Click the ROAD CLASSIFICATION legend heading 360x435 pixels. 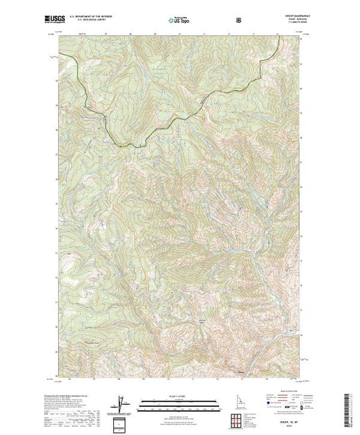point(284,391)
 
